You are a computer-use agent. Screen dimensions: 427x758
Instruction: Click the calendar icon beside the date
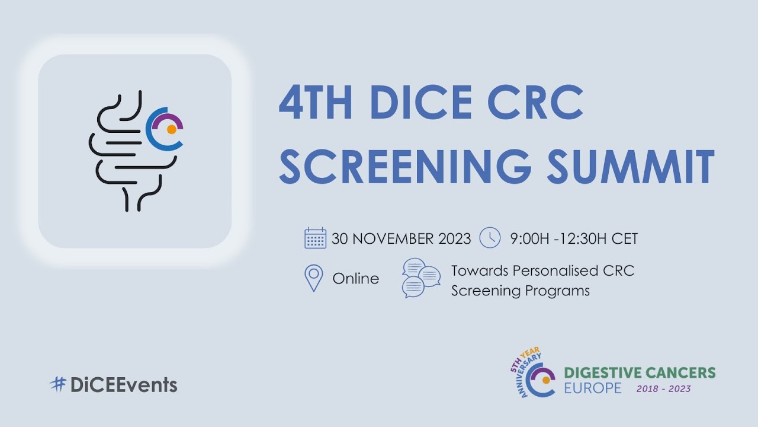(315, 238)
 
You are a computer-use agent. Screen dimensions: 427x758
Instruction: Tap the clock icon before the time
(490, 238)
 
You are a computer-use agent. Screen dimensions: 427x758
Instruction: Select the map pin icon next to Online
(313, 278)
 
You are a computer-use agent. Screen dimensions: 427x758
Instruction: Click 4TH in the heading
(316, 103)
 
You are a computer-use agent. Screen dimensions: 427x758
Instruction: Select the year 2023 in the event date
(454, 239)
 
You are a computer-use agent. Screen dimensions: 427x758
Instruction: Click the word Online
(355, 278)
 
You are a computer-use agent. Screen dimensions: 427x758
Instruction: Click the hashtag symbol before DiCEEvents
(57, 384)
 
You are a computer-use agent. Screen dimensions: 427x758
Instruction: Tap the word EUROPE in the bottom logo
(593, 388)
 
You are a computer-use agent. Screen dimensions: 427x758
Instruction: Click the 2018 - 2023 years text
(663, 389)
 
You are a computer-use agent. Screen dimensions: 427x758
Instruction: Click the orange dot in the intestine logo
(171, 129)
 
